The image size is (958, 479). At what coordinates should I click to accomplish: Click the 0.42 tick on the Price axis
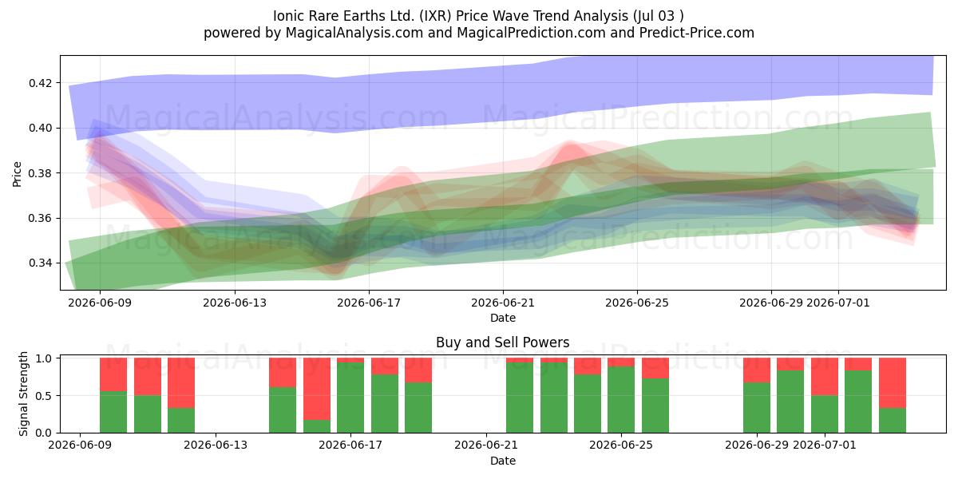pyautogui.click(x=40, y=83)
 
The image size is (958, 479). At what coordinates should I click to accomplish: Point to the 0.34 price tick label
pyautogui.click(x=40, y=263)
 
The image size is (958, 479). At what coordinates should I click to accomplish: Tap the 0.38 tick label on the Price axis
pyautogui.click(x=40, y=173)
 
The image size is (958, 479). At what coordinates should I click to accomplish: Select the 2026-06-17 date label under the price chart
pyautogui.click(x=369, y=303)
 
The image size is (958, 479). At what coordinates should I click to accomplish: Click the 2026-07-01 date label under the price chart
pyautogui.click(x=837, y=303)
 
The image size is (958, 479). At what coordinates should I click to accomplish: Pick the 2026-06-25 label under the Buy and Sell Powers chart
pyautogui.click(x=621, y=445)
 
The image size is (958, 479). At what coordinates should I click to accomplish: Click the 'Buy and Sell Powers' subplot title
pyautogui.click(x=502, y=342)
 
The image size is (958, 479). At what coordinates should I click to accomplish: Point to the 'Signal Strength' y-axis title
pyautogui.click(x=23, y=394)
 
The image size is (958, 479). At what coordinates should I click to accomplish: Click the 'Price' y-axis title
pyautogui.click(x=17, y=174)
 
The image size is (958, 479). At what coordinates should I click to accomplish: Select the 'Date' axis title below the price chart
pyautogui.click(x=502, y=318)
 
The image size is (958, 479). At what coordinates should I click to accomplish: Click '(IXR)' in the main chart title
pyautogui.click(x=435, y=16)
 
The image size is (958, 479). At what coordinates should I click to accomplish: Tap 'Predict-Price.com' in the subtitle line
pyautogui.click(x=697, y=33)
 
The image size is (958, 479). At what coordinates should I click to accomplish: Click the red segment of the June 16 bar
pyautogui.click(x=317, y=389)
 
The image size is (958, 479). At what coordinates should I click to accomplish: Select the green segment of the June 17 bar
pyautogui.click(x=350, y=398)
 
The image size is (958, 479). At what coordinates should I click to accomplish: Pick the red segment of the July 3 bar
pyautogui.click(x=893, y=382)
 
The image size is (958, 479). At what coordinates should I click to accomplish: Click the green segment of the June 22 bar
pyautogui.click(x=520, y=398)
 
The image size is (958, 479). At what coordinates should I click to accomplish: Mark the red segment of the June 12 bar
pyautogui.click(x=181, y=382)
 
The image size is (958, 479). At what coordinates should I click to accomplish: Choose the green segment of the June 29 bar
pyautogui.click(x=757, y=408)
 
